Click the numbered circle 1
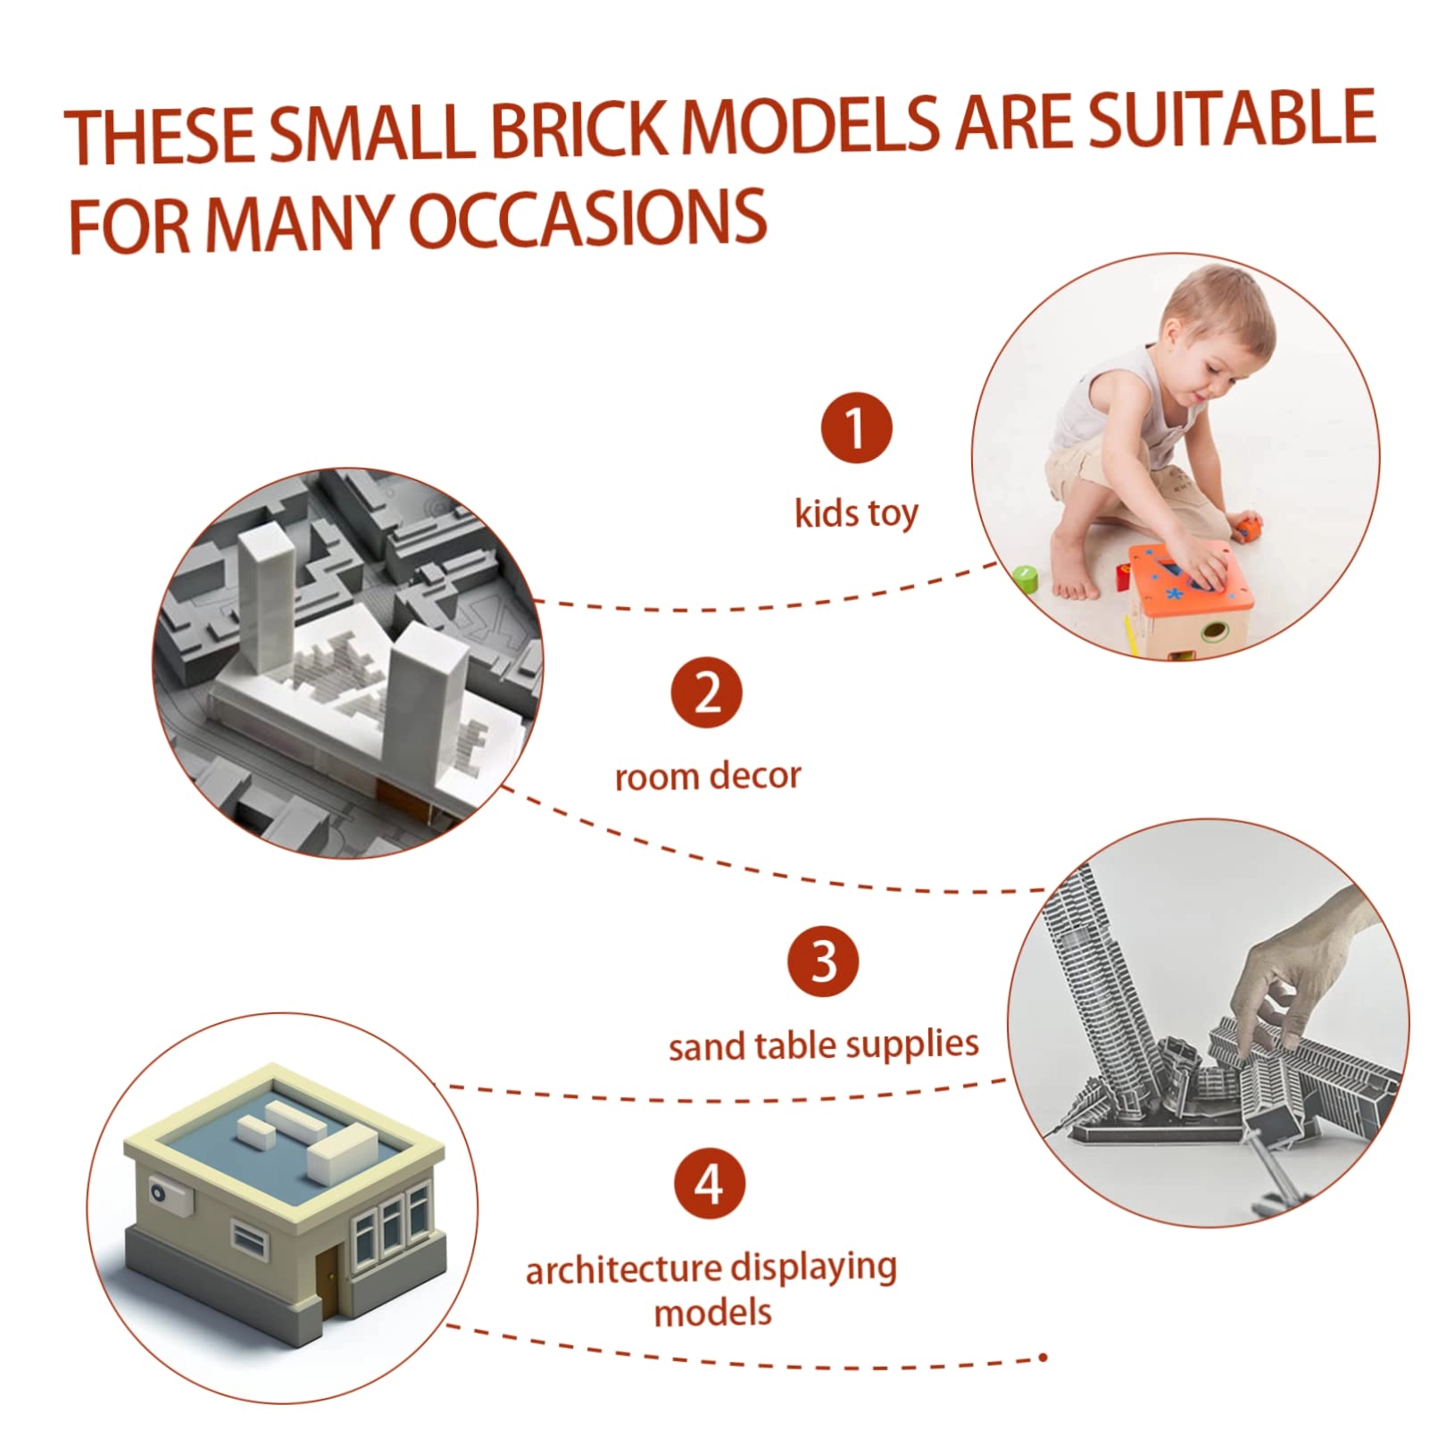point(856,428)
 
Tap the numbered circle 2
point(707,693)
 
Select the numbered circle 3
point(823,961)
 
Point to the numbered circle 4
point(709,1185)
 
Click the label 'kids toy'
point(856,513)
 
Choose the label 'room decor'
point(708,777)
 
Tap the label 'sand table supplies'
point(823,1045)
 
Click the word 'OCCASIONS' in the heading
point(588,219)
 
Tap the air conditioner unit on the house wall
point(171,1195)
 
